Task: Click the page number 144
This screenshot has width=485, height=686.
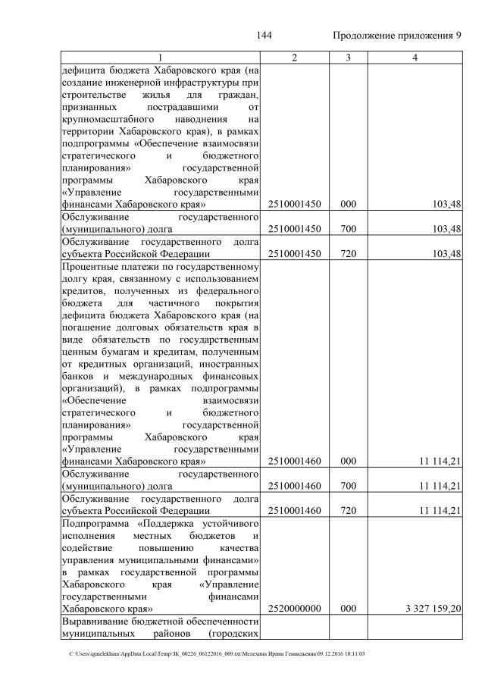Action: pos(264,36)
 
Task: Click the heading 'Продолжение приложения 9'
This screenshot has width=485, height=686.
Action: pos(397,36)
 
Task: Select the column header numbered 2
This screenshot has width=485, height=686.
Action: pos(294,58)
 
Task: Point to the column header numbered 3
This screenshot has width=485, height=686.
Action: pos(348,58)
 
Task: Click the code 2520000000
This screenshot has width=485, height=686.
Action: pos(294,608)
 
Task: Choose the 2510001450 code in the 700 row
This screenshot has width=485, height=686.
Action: pos(294,229)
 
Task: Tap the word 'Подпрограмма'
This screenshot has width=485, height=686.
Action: pos(96,524)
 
